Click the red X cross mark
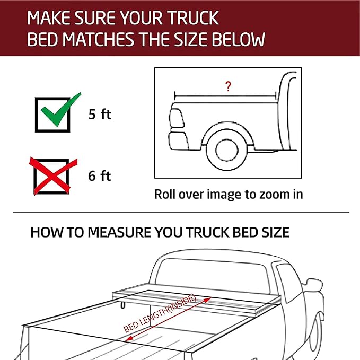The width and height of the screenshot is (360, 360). coord(53,174)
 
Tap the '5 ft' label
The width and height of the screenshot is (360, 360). coord(100,114)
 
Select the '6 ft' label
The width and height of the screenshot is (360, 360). coord(100,176)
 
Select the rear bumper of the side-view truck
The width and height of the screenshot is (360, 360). coord(177,141)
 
